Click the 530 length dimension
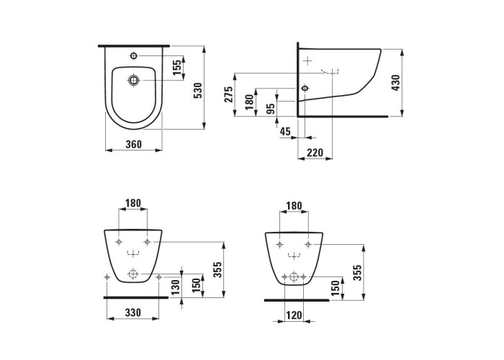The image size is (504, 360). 199,90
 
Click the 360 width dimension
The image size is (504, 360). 133,144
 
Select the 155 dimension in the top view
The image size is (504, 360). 177,68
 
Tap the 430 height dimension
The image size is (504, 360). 396,83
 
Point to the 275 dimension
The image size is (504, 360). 228,94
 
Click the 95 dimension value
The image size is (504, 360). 271,109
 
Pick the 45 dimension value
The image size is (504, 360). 285,131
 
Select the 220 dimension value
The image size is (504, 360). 315,153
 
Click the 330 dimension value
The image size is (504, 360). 132,312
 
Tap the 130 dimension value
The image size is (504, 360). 175,287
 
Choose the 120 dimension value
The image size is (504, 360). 294,315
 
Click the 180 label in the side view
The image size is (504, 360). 250,102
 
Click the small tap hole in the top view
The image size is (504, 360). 134,56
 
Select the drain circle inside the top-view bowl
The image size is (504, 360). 133,80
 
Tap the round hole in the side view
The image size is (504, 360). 305,88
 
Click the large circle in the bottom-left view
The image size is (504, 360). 132,274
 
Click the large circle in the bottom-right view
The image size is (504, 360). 294,276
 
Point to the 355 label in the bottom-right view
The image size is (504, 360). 357,273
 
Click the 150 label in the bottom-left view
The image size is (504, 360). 196,285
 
